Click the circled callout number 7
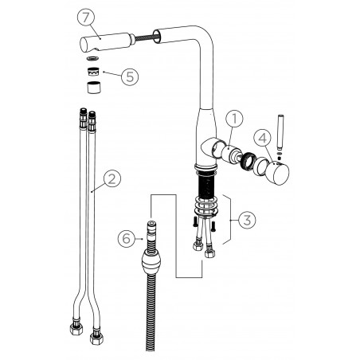[x=86, y=18]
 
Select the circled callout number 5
[x=130, y=76]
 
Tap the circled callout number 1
[x=234, y=119]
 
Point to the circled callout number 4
[x=262, y=138]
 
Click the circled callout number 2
[x=112, y=178]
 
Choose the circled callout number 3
[x=247, y=220]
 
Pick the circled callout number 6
[x=127, y=238]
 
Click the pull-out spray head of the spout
[x=106, y=42]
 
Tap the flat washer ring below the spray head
[x=93, y=58]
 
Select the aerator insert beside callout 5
[x=93, y=72]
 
